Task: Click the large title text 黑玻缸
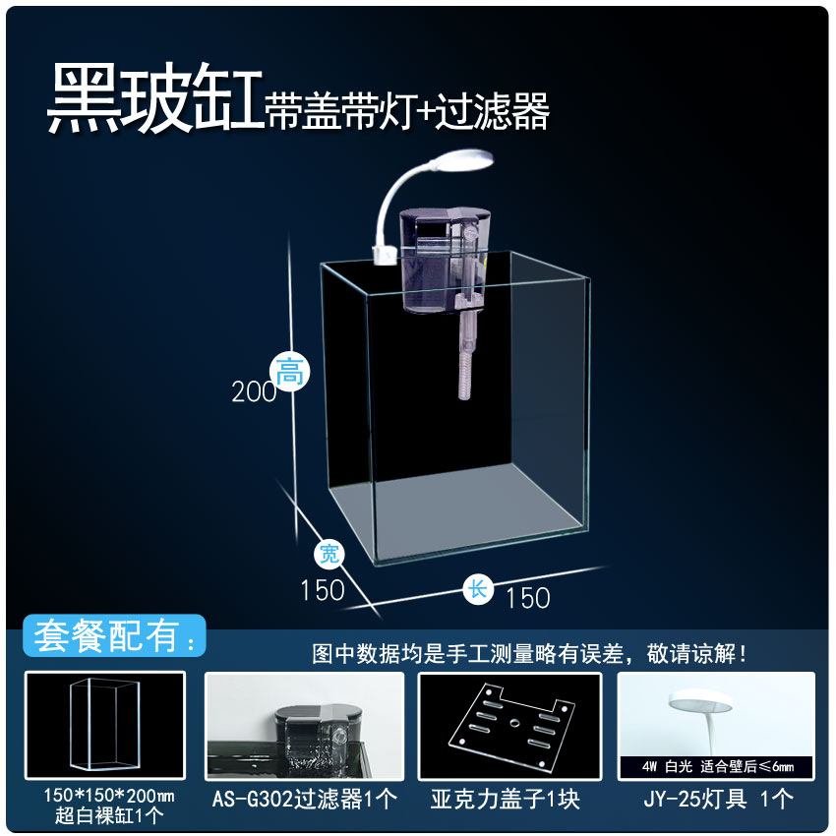click(x=155, y=98)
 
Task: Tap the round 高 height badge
click(x=289, y=372)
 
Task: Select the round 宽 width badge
click(x=328, y=555)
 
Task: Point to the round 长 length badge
click(x=477, y=590)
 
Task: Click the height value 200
click(x=254, y=392)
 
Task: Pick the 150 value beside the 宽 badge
click(x=322, y=590)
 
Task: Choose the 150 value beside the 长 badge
click(x=528, y=598)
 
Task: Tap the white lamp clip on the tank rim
click(x=384, y=256)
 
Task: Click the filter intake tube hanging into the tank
click(x=466, y=356)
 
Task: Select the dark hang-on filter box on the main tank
click(x=445, y=261)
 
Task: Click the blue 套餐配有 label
click(x=114, y=635)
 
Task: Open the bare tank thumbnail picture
click(x=105, y=725)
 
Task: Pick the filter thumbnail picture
click(x=305, y=726)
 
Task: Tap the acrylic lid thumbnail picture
click(x=510, y=726)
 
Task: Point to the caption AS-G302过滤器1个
click(x=305, y=800)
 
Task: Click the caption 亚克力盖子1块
click(x=505, y=800)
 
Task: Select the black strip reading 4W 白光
click(x=716, y=767)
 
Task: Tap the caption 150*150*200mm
click(x=109, y=796)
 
